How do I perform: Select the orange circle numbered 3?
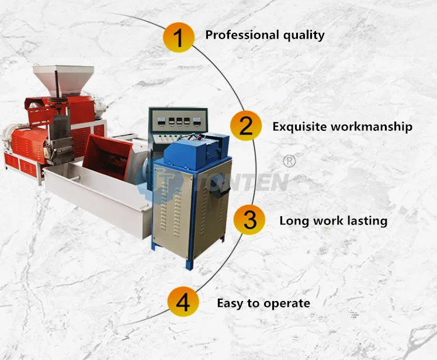point(249,220)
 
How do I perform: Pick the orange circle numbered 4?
point(183,303)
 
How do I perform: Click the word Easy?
point(230,303)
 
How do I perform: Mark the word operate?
point(286,304)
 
